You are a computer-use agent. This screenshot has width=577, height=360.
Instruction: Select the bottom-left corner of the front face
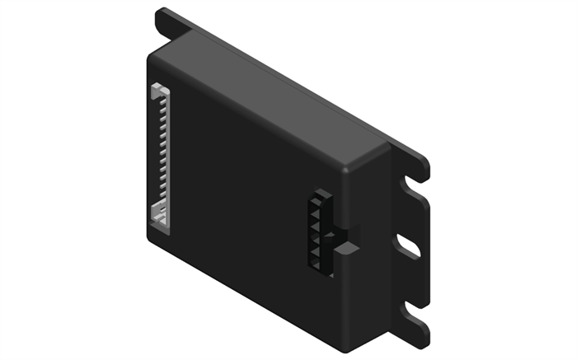click(152, 239)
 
